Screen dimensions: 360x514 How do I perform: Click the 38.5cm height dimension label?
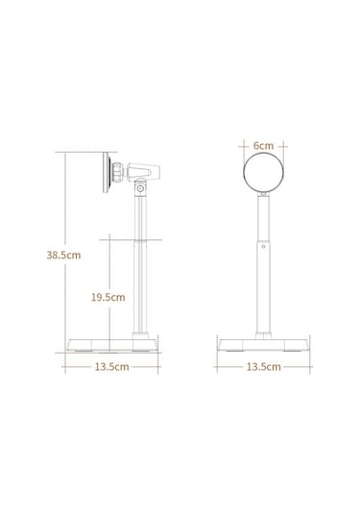point(63,255)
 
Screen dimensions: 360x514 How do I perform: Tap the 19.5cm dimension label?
point(108,297)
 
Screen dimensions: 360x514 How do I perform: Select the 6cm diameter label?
point(263,145)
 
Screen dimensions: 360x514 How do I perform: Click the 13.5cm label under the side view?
point(111,366)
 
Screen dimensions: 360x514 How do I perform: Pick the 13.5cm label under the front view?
point(263,366)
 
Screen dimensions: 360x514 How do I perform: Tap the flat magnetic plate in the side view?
point(107,172)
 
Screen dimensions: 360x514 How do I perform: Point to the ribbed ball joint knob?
point(117,172)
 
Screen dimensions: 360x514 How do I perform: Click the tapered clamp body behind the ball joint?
point(143,171)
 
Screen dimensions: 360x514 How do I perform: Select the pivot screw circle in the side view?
point(140,188)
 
